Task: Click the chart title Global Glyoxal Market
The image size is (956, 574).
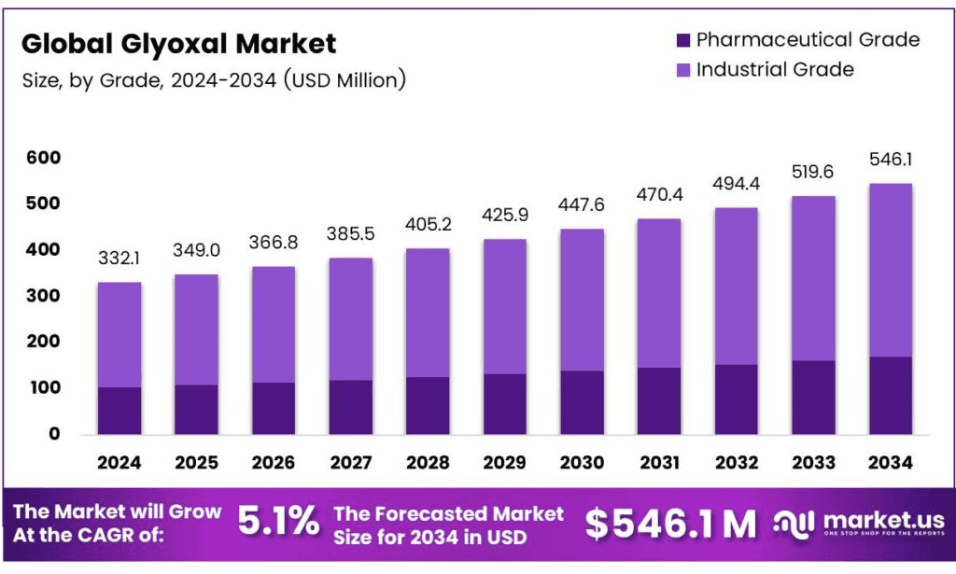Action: pos(179,43)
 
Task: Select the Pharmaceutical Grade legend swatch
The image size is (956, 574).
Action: pos(682,40)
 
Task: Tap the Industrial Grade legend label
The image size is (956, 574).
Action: pos(775,69)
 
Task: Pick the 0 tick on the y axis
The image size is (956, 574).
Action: pos(54,434)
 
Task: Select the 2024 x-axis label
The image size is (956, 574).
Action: pos(119,462)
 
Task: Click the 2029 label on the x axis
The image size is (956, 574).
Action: pos(505,462)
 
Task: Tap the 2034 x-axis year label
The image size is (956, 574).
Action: pos(890,462)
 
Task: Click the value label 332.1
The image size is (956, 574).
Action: pos(119,259)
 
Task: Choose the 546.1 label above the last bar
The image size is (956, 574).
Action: pos(890,160)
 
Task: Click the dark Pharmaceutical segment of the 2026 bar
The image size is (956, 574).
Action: pos(274,408)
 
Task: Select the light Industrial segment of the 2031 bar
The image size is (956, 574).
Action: pos(659,293)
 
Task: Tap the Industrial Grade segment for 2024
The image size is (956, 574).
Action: pos(119,334)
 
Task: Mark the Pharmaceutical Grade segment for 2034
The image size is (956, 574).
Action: pos(890,395)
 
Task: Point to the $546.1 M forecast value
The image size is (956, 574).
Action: pos(670,525)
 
